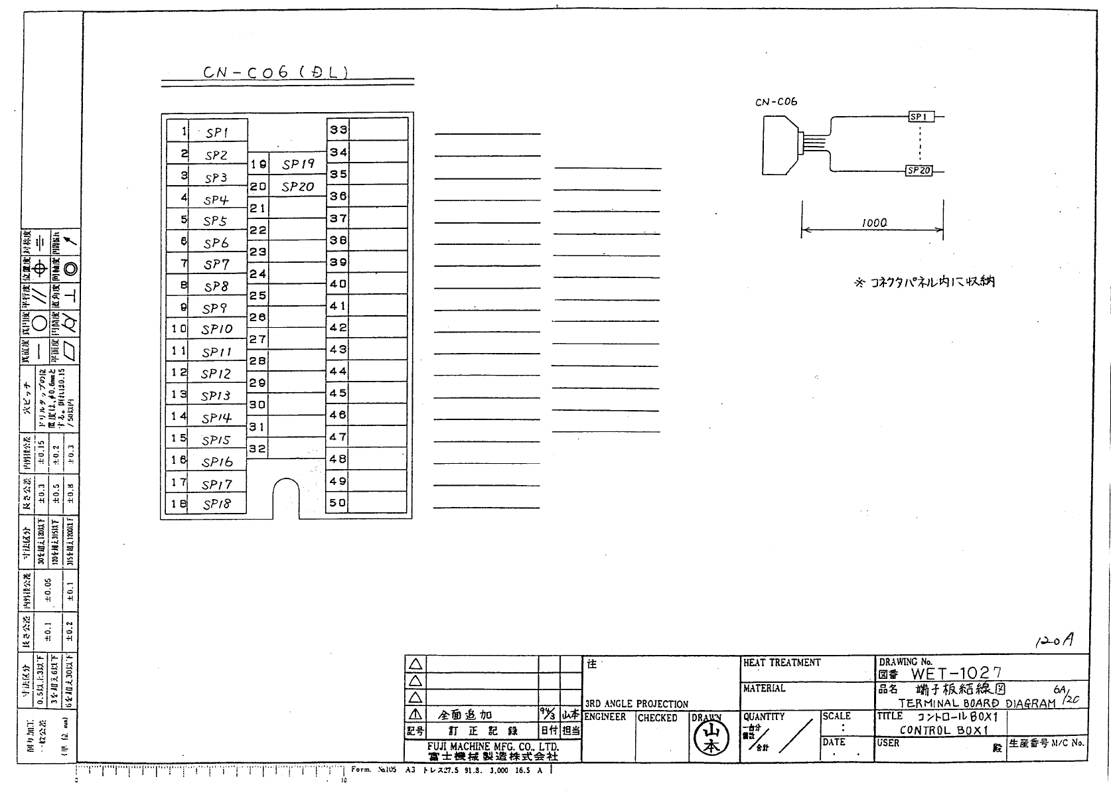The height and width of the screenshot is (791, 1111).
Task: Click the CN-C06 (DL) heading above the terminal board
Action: click(275, 72)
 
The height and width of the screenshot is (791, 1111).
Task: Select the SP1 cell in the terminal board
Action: click(217, 133)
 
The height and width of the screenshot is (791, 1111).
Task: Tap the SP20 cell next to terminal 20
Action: click(297, 187)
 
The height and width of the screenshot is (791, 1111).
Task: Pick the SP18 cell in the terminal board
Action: click(217, 504)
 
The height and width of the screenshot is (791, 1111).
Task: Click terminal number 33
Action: click(338, 130)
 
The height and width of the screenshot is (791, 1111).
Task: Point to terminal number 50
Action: click(338, 503)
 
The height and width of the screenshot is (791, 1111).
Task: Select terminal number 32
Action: click(258, 449)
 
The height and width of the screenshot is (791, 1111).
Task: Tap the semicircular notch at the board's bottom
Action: click(286, 497)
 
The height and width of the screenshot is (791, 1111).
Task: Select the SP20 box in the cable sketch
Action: click(919, 171)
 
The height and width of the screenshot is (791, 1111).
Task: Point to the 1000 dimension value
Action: click(874, 223)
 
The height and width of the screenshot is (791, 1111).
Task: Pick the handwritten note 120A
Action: click(1054, 640)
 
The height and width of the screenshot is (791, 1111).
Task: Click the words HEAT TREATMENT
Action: click(782, 663)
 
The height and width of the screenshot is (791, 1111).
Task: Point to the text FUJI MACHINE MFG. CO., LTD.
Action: click(493, 747)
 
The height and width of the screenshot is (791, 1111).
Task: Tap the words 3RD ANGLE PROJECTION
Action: click(636, 704)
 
